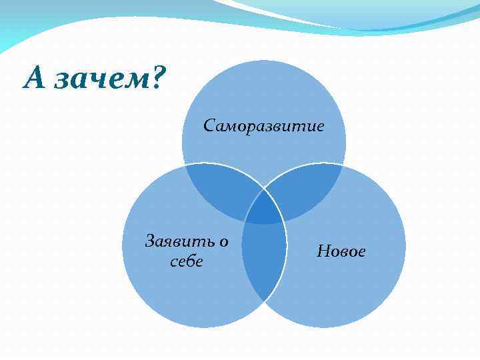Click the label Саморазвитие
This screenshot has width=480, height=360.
(264, 125)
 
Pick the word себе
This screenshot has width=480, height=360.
(187, 261)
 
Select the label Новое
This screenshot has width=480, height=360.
(341, 251)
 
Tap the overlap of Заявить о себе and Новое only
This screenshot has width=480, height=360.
(263, 263)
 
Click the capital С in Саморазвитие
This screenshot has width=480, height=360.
(209, 125)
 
